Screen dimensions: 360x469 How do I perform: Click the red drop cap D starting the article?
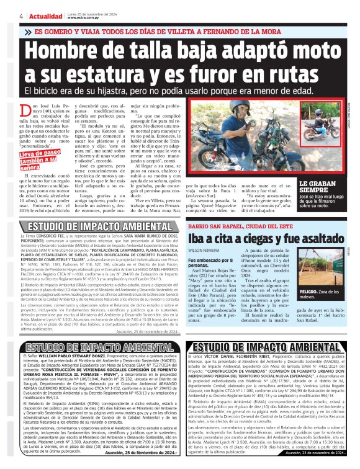point(27,110)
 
